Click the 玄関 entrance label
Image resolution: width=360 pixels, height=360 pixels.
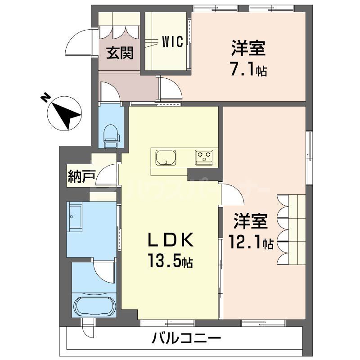click(x=120, y=53)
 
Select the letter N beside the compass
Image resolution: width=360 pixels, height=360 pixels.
click(x=45, y=98)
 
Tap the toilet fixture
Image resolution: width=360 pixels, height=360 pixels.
click(x=111, y=134)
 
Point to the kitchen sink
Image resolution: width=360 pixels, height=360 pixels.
click(x=166, y=158)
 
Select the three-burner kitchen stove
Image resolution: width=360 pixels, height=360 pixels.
click(x=205, y=157)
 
